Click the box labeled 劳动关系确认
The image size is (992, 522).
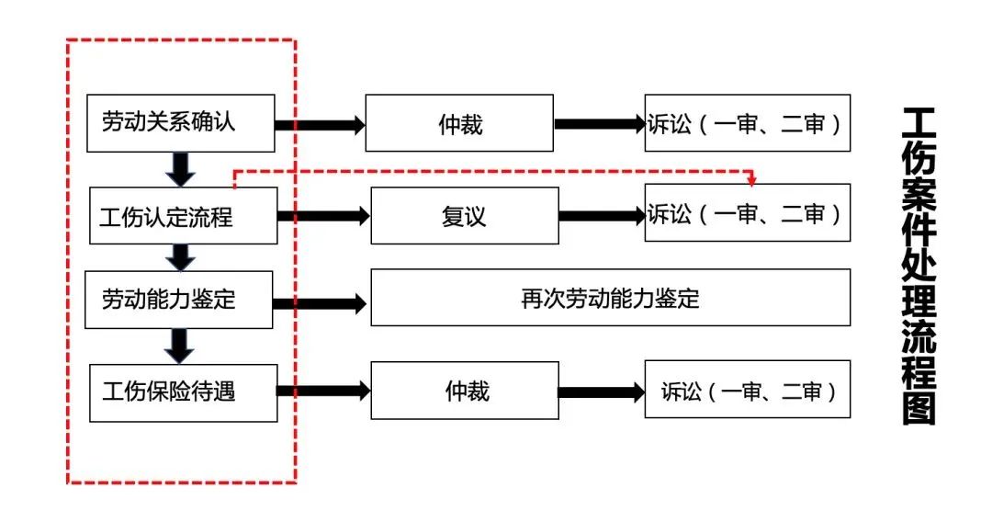pos(180,122)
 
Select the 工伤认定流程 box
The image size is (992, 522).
pos(183,216)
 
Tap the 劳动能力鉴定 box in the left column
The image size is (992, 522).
pos(178,300)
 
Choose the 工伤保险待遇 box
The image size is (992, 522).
pos(183,391)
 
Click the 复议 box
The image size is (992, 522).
pos(464,216)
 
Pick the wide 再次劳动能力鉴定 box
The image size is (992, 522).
pos(610,298)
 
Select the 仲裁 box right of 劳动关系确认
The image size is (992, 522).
pos(459,123)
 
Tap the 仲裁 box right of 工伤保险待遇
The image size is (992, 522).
pos(464,391)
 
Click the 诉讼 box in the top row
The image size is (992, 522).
pos(747,123)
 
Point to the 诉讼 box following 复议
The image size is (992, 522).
pos(747,213)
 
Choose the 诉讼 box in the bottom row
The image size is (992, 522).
pos(747,391)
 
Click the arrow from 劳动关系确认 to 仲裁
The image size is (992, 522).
pos(321,125)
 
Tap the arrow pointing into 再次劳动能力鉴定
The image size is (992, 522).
pos(321,302)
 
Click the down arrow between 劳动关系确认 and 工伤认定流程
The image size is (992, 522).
pos(181,168)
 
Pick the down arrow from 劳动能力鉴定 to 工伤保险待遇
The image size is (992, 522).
pos(181,345)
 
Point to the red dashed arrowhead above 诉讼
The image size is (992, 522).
pos(752,178)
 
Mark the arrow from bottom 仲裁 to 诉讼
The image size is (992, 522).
pos(602,392)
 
